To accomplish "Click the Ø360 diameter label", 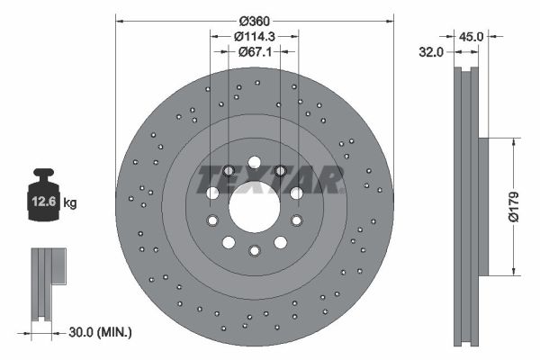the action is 255,22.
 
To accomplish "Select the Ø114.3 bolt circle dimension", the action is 254,36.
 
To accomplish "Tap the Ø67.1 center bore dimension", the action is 255,52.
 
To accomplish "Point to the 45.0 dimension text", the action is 471,36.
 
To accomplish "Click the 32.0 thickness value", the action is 431,52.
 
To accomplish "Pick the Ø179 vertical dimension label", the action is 513,207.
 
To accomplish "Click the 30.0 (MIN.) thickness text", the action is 100,332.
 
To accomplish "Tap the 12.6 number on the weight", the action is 44,202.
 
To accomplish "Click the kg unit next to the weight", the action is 70,202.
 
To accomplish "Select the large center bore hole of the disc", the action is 255,207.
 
